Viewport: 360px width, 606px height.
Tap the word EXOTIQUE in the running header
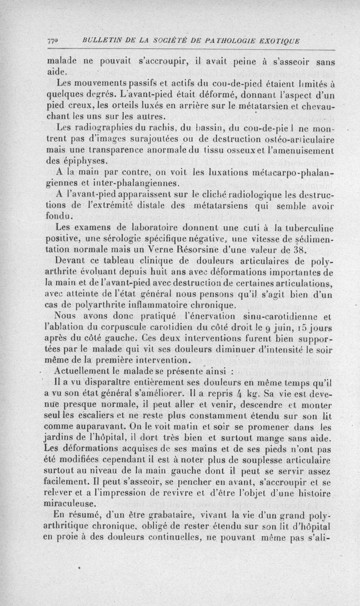pyautogui.click(x=279, y=41)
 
